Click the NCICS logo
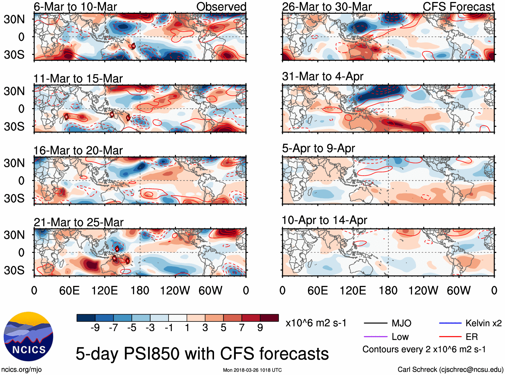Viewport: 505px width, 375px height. point(28,336)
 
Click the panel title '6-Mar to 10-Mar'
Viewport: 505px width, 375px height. point(75,7)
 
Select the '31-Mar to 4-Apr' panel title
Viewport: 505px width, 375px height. point(322,76)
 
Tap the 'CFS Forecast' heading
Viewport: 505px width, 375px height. point(458,7)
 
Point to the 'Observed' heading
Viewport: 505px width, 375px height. point(221,7)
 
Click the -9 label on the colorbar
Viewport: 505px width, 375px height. point(95,328)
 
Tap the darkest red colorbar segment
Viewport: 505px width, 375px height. point(269,318)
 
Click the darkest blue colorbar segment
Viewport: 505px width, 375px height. point(86,318)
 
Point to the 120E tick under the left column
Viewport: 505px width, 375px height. point(104,290)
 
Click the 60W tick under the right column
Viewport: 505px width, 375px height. point(459,290)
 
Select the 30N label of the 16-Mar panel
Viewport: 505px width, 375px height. point(14,163)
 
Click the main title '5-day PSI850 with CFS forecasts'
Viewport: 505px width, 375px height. point(202,354)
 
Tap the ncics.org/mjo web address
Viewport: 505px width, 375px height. point(21,369)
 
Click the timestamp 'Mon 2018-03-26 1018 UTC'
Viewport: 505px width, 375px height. point(252,370)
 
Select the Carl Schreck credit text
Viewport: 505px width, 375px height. point(450,369)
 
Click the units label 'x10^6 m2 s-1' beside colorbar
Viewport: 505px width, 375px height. point(316,323)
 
